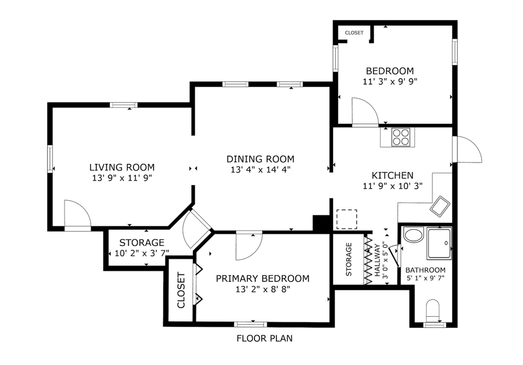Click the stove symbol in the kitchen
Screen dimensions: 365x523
coord(400,137)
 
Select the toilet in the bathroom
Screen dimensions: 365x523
coord(434,310)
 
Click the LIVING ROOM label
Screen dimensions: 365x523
coord(121,167)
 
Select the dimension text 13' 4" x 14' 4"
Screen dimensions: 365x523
coord(260,170)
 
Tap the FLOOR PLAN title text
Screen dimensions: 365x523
coord(264,338)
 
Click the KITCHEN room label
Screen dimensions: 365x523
coord(392,175)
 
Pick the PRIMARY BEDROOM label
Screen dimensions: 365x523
coord(262,279)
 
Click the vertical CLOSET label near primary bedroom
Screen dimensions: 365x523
coord(181,290)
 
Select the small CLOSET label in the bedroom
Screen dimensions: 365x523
coord(354,33)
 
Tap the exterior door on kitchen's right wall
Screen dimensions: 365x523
coord(468,150)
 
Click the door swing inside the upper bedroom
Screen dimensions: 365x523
coord(364,112)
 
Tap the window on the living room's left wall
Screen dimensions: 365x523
coord(50,157)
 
